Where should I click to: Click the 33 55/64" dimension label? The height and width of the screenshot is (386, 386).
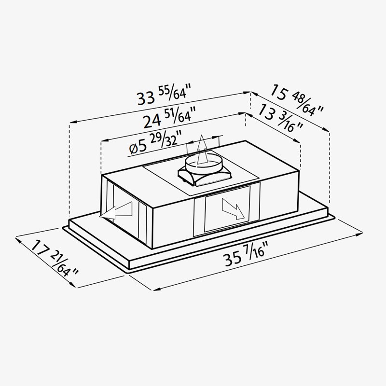[164, 95]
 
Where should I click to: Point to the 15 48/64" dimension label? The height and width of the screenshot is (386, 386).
[297, 100]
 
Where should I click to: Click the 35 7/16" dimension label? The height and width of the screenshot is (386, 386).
[245, 254]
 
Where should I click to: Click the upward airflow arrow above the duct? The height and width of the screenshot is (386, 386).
[202, 150]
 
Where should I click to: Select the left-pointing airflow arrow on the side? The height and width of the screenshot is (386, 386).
[116, 210]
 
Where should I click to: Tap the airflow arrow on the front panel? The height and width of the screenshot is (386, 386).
[233, 209]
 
